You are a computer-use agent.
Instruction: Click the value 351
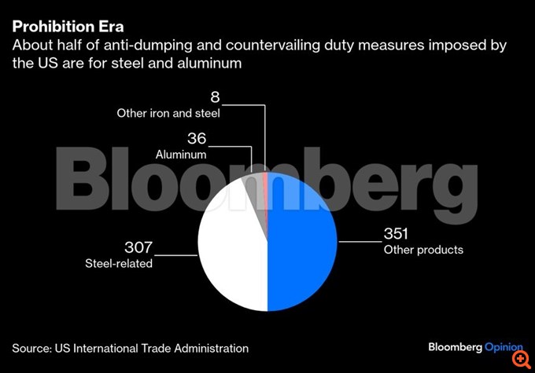397,234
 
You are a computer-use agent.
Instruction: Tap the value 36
196,139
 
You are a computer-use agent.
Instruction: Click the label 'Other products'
423,250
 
